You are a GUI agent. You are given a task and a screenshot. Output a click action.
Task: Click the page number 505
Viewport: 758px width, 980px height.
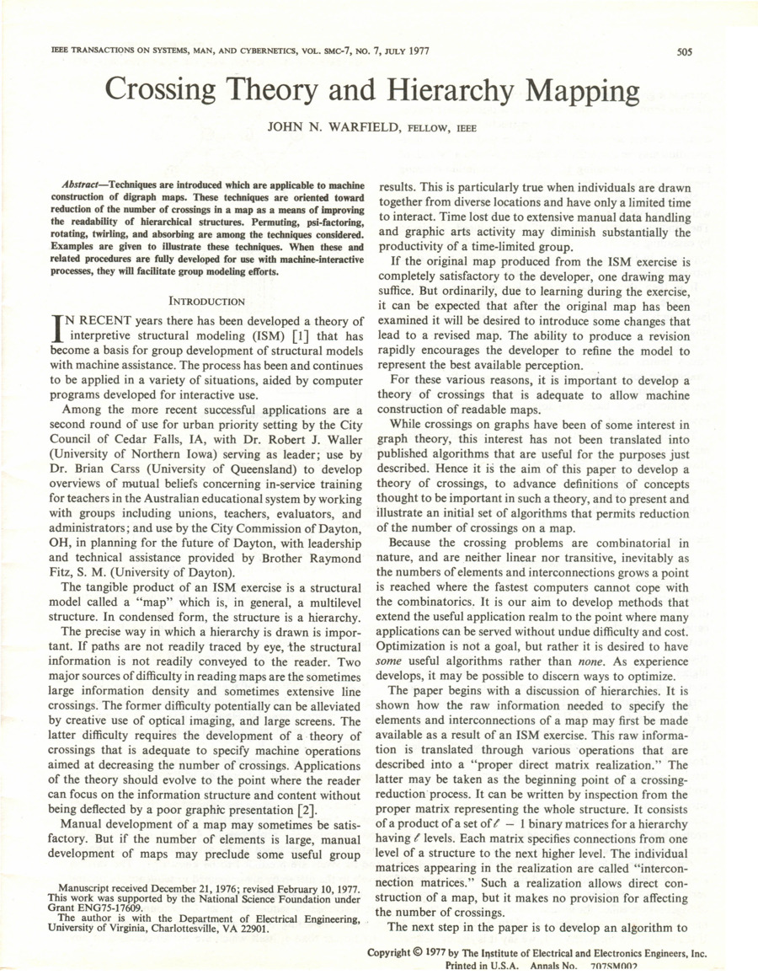click(683, 51)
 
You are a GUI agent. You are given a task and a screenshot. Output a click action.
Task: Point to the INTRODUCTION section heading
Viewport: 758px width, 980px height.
click(207, 300)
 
